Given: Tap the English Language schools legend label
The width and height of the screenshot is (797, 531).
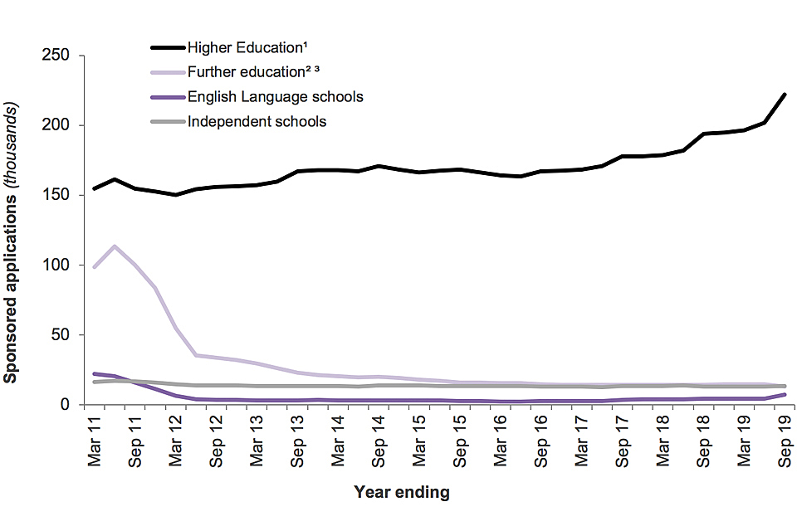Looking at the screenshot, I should click(275, 97).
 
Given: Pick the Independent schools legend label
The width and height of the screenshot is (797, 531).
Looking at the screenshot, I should click(257, 122).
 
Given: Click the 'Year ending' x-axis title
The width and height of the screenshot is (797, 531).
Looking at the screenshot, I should click(402, 492).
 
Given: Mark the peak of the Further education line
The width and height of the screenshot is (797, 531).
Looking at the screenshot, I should click(115, 246).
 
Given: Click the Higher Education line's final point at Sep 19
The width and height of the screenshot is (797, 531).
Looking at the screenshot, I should click(785, 95).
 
